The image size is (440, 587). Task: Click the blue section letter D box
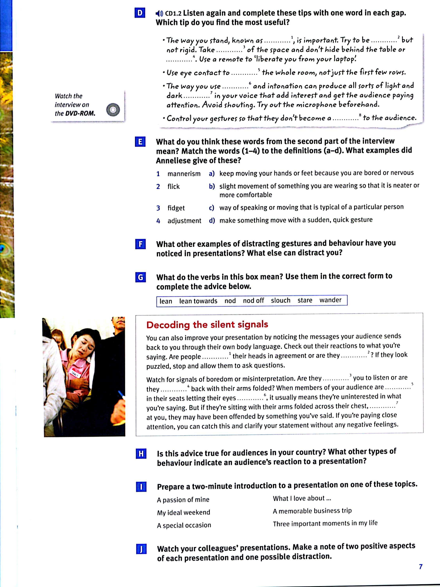140,13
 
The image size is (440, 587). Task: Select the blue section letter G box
140,277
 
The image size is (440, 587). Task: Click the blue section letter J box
141,549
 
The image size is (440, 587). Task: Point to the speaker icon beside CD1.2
159,13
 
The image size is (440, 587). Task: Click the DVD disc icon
113,110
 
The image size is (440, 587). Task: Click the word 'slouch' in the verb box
280,300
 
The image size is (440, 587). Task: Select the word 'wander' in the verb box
330,300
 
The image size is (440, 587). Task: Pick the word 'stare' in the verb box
305,300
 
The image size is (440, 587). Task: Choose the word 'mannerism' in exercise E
184,174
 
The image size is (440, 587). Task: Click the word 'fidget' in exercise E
176,208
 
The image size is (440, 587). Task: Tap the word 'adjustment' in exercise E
184,221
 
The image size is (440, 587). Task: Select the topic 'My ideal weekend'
183,512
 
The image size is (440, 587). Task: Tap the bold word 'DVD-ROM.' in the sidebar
80,113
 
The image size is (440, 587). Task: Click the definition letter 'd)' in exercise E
212,220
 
